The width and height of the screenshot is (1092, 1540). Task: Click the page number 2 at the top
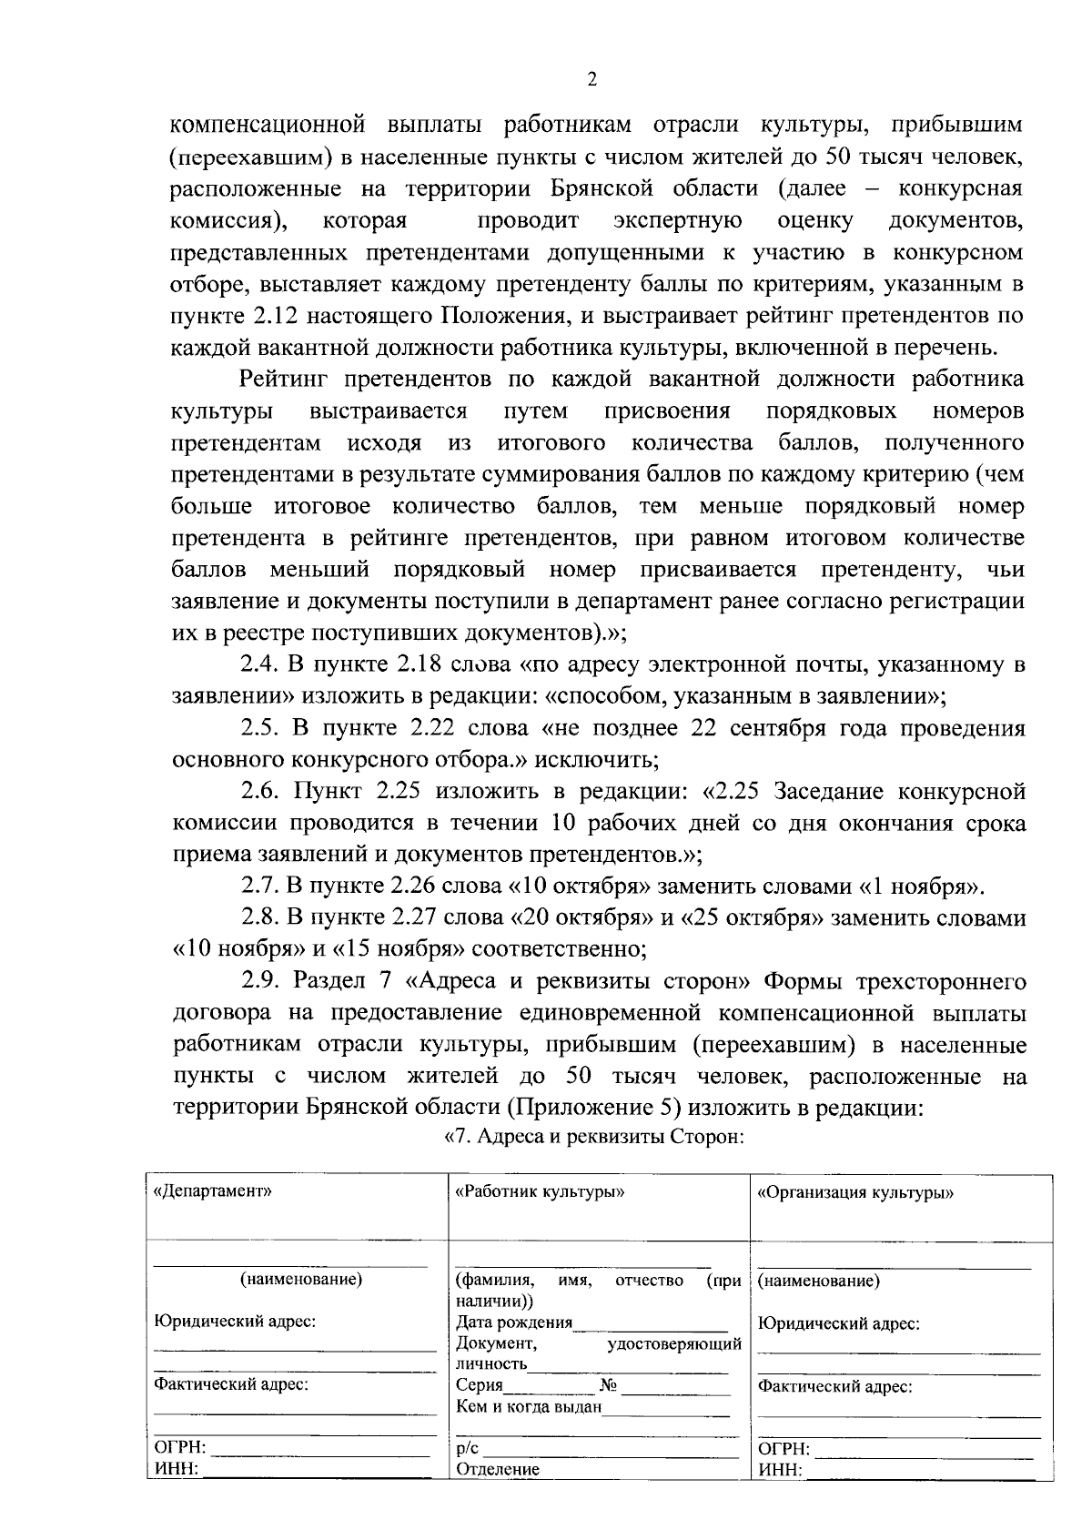pos(591,80)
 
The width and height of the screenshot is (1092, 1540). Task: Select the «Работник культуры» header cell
pos(540,1191)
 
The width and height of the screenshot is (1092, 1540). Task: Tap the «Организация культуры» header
pos(855,1192)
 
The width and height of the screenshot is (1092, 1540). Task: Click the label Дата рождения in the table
pos(514,1323)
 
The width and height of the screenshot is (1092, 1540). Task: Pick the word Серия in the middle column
pos(479,1385)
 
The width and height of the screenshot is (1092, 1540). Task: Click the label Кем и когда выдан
pos(529,1407)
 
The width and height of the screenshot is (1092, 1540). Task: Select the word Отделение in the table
pos(498,1469)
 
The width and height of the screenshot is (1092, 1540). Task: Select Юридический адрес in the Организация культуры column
pos(838,1324)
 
